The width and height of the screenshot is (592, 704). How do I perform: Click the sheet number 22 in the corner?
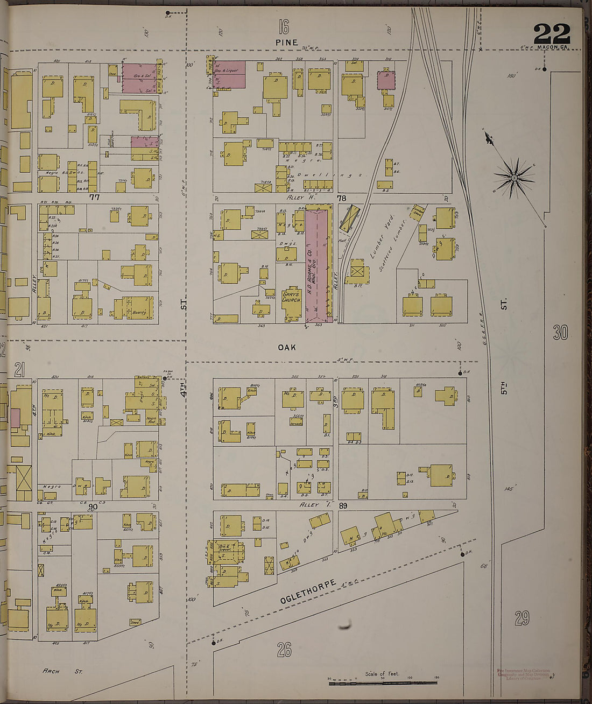click(552, 34)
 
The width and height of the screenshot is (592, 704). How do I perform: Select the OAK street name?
click(287, 348)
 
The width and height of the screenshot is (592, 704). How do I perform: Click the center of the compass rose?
click(514, 178)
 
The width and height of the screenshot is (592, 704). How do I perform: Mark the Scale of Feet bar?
click(383, 682)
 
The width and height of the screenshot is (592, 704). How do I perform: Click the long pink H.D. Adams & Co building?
click(319, 267)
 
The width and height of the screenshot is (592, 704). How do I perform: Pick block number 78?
click(341, 199)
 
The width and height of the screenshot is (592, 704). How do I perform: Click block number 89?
click(343, 505)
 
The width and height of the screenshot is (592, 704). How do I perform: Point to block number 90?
click(93, 506)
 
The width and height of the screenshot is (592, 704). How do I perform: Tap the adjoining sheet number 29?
click(521, 618)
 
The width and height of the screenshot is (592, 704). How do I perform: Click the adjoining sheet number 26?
click(284, 650)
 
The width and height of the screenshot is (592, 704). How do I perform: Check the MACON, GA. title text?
click(552, 47)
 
